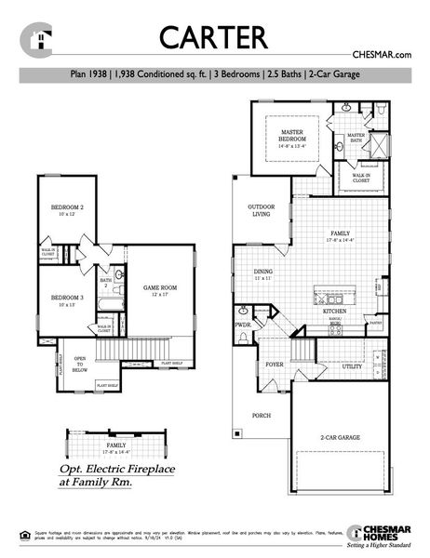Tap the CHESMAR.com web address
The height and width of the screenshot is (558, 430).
coord(382,56)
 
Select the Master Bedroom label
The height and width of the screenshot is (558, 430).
coord(293,137)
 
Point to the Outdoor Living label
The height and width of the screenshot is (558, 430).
coord(260,209)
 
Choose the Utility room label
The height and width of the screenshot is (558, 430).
coord(351,366)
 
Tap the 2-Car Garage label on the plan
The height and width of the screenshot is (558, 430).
coord(341,436)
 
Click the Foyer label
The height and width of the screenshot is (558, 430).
coord(275,365)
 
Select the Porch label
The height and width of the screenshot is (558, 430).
coord(262,416)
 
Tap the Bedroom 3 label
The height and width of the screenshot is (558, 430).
coord(68,299)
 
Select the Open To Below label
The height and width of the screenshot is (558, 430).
coord(80,364)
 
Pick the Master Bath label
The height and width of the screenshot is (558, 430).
coord(356,138)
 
